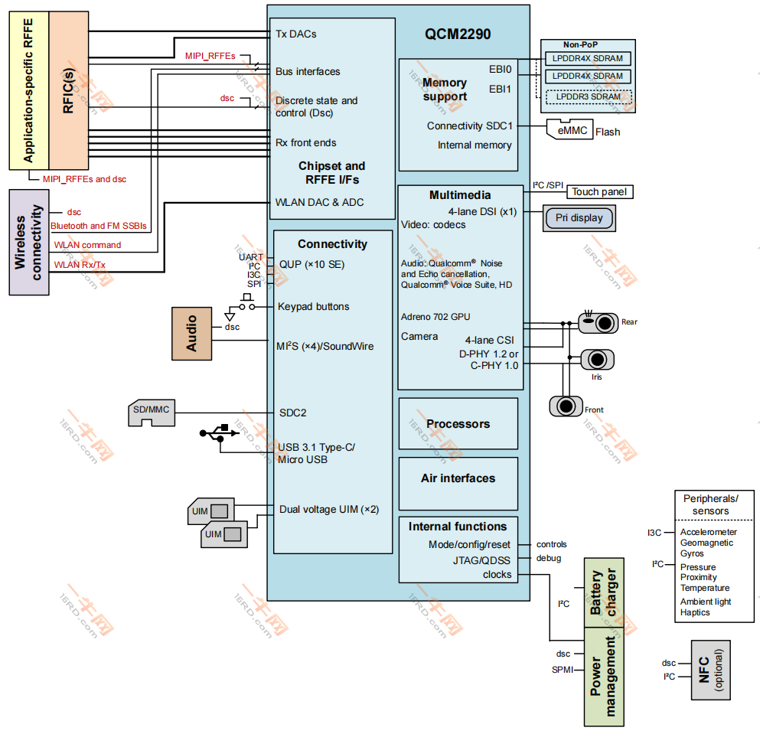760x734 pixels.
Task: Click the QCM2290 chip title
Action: click(x=458, y=34)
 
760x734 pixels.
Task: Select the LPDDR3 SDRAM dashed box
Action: click(x=588, y=96)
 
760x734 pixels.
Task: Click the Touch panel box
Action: click(x=601, y=192)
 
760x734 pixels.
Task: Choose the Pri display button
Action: click(x=579, y=218)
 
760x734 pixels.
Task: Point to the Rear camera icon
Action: click(x=599, y=322)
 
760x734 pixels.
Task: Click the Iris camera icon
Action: click(x=598, y=358)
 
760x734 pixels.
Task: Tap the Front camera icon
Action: click(x=566, y=406)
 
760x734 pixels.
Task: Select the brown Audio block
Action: click(x=191, y=333)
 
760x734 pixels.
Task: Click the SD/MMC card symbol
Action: click(x=152, y=414)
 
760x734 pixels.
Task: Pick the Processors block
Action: click(x=458, y=424)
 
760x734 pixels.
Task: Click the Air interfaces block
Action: click(x=458, y=478)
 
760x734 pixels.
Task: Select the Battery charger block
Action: click(x=604, y=592)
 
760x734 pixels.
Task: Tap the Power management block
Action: click(x=604, y=677)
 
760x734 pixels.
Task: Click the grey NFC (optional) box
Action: click(x=710, y=670)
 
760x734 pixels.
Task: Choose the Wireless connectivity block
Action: click(x=28, y=243)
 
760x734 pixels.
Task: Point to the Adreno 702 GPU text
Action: click(x=435, y=316)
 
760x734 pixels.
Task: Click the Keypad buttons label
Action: click(x=313, y=306)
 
